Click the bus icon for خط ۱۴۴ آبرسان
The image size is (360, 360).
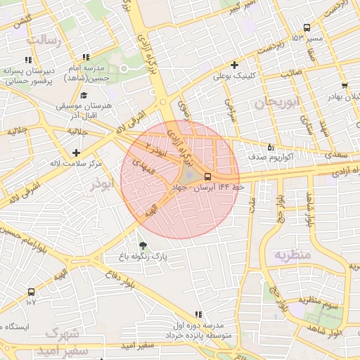pyautogui.click(x=207, y=177)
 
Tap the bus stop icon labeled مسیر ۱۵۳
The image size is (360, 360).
pyautogui.click(x=306, y=27)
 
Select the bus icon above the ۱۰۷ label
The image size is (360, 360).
pyautogui.click(x=31, y=292)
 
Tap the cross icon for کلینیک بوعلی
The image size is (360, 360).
pyautogui.click(x=234, y=65)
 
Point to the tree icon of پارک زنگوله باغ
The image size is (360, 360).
pyautogui.click(x=143, y=245)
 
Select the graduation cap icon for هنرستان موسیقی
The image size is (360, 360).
pyautogui.click(x=84, y=95)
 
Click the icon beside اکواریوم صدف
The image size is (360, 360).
pyautogui.click(x=271, y=147)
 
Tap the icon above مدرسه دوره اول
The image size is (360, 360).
pyautogui.click(x=198, y=314)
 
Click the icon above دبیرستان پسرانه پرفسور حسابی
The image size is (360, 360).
pyautogui.click(x=28, y=60)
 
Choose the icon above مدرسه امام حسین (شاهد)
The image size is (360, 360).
pyautogui.click(x=86, y=57)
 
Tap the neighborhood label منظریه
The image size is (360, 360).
pyautogui.click(x=292, y=254)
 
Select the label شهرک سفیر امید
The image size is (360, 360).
pyautogui.click(x=63, y=341)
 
